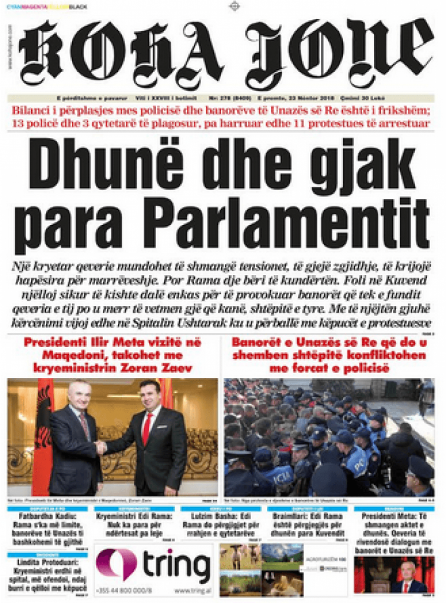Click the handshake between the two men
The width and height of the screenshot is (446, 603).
click(x=101, y=447)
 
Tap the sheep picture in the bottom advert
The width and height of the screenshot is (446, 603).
click(x=239, y=556)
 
